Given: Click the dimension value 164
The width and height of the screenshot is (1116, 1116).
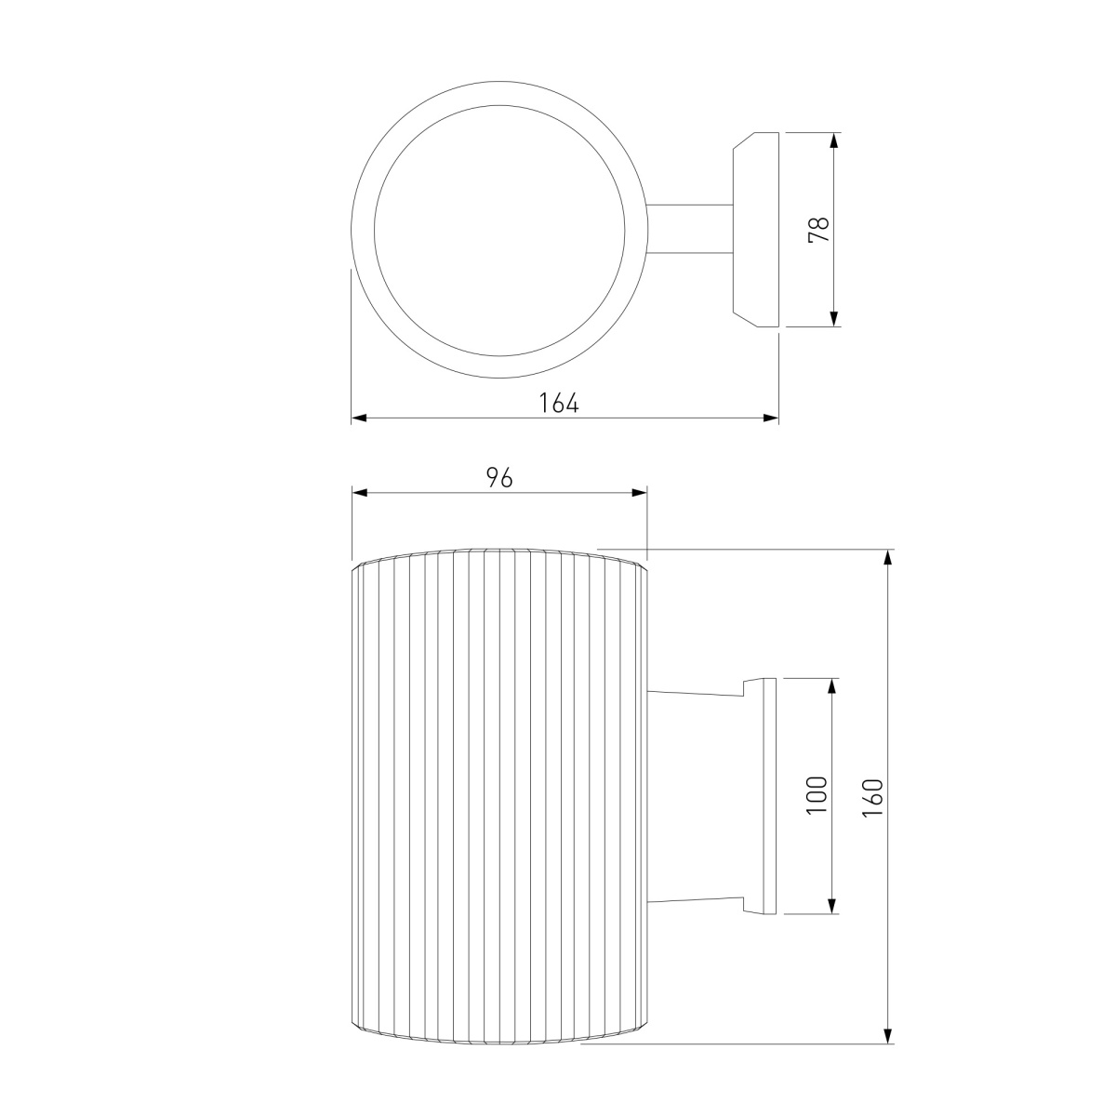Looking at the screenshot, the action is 558,403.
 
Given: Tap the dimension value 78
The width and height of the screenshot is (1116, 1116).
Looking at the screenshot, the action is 818,230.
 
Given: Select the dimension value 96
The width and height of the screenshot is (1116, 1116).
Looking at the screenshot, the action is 499,478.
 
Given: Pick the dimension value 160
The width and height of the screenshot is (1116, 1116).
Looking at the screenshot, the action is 872,797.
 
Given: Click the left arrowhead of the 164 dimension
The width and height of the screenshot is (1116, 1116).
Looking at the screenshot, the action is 359,418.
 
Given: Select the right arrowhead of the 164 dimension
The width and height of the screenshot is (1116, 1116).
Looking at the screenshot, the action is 771,418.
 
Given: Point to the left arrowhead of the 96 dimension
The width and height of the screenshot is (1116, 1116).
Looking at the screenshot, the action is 360,493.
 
